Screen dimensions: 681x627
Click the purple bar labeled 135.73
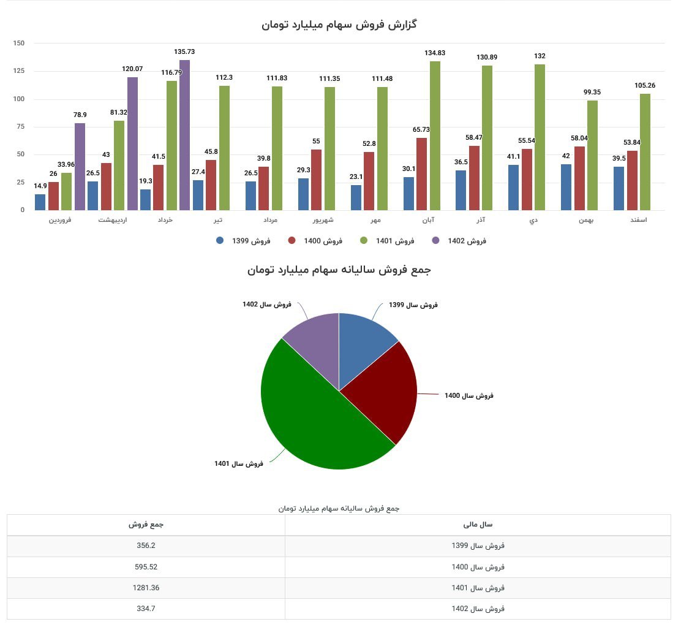(184, 135)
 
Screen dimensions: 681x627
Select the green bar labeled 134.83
(435, 136)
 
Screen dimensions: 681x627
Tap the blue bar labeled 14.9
(40, 202)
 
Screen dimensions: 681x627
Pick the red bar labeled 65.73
(422, 174)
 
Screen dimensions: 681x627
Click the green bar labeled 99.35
(592, 156)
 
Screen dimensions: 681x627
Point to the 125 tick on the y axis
(18, 71)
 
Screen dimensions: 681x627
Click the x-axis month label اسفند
(638, 220)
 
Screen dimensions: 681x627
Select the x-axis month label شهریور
(323, 220)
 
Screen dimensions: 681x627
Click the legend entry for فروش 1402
(459, 241)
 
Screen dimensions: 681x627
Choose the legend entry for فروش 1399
(243, 241)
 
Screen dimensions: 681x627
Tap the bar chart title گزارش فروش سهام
(339, 25)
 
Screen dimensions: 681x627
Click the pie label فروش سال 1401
(239, 463)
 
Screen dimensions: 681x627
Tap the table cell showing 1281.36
(146, 588)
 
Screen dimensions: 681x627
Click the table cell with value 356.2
(146, 545)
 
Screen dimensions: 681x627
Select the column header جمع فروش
(146, 525)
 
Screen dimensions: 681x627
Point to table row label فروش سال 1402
(478, 609)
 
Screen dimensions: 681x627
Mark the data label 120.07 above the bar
(132, 69)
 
